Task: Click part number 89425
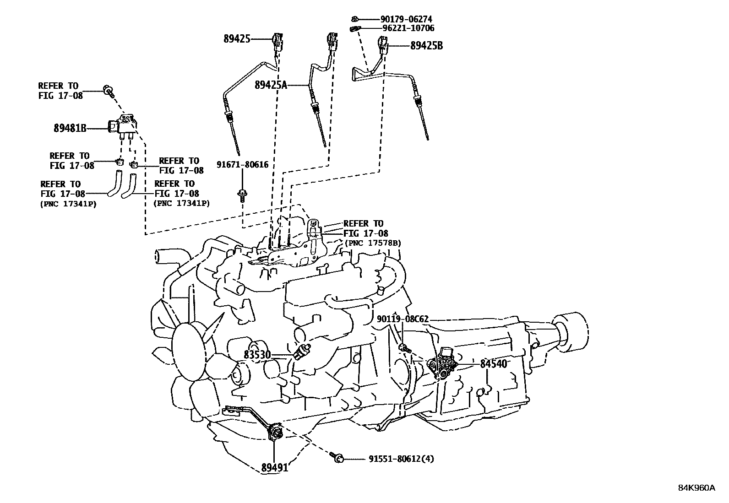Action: [237, 39]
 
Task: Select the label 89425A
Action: [271, 85]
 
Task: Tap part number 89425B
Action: [426, 46]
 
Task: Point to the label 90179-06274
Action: [406, 19]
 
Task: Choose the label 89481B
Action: [70, 129]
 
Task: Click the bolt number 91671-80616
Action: [243, 165]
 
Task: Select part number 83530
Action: [257, 355]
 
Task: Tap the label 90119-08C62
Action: [403, 319]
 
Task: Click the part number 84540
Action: [494, 364]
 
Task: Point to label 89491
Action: [275, 467]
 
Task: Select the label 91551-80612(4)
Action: [401, 459]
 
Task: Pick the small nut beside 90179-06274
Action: [355, 19]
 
